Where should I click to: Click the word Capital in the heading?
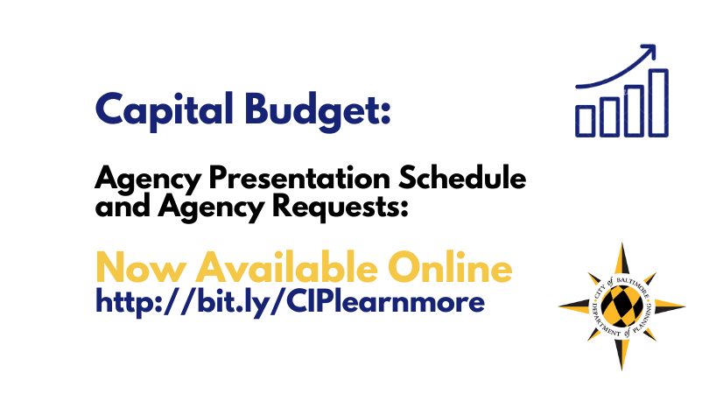[x=165, y=111]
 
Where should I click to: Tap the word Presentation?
[x=299, y=179]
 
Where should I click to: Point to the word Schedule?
[x=462, y=178]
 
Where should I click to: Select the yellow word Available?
[x=287, y=267]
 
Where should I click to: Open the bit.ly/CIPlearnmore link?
[x=291, y=302]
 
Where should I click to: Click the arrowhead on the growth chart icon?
[x=649, y=50]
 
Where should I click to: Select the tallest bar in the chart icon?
[x=659, y=103]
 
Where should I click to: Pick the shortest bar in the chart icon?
[x=585, y=121]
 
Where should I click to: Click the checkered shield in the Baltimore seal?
[x=622, y=306]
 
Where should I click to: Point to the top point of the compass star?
[x=622, y=243]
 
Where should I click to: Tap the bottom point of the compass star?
[x=622, y=369]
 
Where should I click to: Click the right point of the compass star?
[x=685, y=306]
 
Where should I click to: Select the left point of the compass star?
[x=559, y=306]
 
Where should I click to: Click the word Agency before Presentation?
[x=148, y=179]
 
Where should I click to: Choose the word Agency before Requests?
[x=211, y=208]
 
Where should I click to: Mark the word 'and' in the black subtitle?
[x=123, y=207]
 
